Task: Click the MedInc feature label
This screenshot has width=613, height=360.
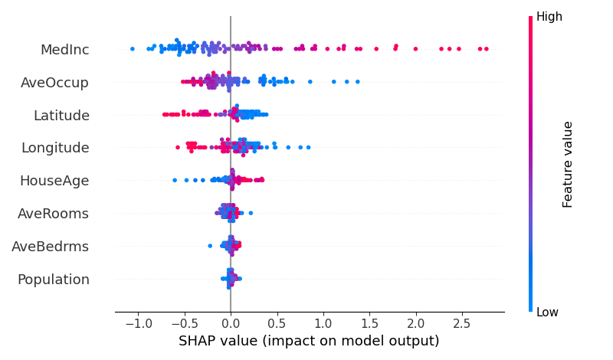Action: pos(64,50)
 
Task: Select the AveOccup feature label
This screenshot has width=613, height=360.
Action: pos(54,83)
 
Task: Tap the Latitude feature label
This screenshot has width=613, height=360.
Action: pos(61,116)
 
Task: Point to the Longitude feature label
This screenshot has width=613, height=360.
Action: pos(55,148)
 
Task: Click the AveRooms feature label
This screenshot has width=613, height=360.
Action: pos(53,214)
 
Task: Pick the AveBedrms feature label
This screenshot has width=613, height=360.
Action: pos(51,247)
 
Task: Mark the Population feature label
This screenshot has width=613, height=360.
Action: pos(54,280)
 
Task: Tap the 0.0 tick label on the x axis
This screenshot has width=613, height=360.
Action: pos(231,324)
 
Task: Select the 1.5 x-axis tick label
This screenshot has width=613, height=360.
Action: pos(369,324)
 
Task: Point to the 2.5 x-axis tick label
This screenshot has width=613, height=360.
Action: pos(462,324)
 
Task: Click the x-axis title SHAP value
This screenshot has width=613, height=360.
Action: pos(309,342)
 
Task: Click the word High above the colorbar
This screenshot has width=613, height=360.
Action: pos(549,17)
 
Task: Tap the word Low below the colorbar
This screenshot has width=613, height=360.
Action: pos(547,312)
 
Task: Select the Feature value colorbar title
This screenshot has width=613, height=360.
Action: pos(568,164)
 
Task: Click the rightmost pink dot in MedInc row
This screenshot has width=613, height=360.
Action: pos(486,49)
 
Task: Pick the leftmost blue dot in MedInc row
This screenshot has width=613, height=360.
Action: pos(132,49)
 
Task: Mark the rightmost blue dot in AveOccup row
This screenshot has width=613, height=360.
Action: pos(357,81)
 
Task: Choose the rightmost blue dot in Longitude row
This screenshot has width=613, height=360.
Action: pos(308,147)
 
